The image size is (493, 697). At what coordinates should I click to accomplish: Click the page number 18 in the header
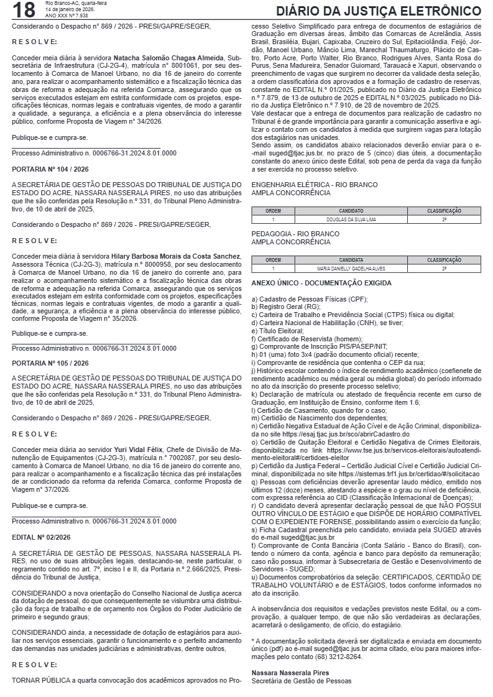pyautogui.click(x=23, y=11)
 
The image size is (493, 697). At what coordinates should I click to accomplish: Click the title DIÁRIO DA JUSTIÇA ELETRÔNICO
pyautogui.click(x=378, y=12)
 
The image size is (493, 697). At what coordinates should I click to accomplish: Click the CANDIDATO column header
pyautogui.click(x=351, y=211)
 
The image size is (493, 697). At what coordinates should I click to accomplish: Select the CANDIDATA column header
pyautogui.click(x=351, y=260)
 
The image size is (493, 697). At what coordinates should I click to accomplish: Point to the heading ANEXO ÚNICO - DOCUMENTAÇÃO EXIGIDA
pyautogui.click(x=321, y=283)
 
